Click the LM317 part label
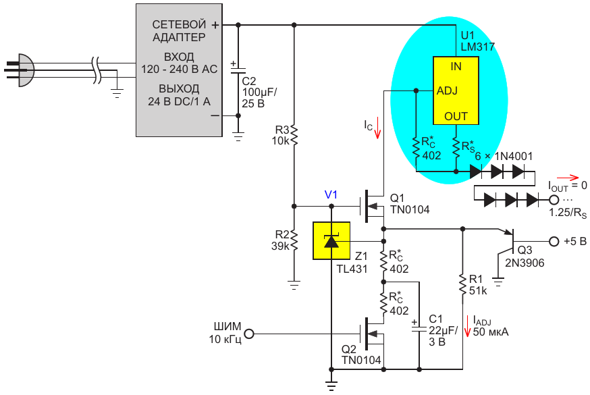coord(479,47)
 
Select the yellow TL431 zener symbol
coord(331,240)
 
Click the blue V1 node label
coord(331,194)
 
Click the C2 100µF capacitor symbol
coord(238,72)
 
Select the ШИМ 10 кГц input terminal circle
coord(248,334)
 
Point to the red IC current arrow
coord(378,127)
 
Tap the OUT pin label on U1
coord(456,116)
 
